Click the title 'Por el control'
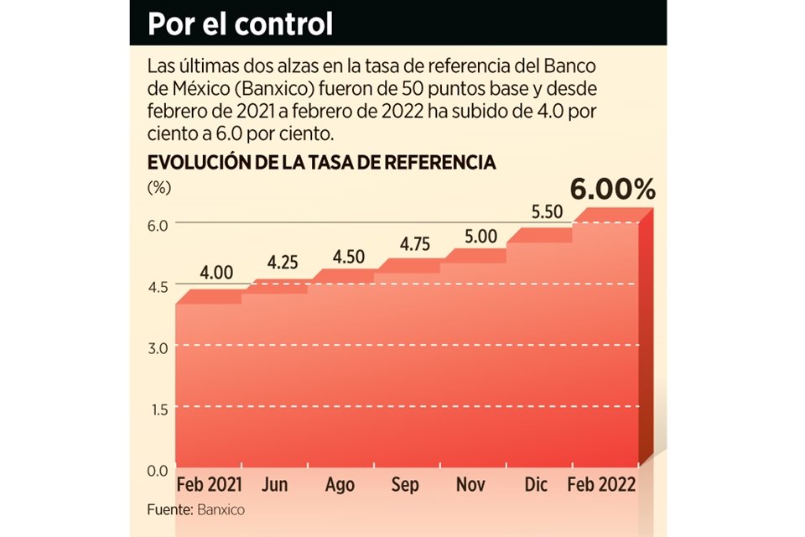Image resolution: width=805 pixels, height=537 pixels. (240, 23)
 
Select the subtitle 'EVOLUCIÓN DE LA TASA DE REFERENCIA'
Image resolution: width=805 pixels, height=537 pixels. (321, 163)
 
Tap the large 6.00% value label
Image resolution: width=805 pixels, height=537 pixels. (612, 190)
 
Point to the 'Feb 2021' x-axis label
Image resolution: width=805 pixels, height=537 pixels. (210, 485)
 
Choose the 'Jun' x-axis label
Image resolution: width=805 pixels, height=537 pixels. (277, 485)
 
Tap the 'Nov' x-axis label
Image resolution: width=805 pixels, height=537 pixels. (471, 485)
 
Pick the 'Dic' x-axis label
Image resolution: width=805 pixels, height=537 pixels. (537, 485)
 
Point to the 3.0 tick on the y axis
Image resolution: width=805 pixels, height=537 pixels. (159, 347)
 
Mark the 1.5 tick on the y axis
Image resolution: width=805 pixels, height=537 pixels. (159, 409)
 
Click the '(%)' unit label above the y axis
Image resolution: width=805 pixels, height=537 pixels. (158, 188)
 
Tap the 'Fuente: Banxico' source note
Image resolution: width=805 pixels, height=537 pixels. (195, 508)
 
